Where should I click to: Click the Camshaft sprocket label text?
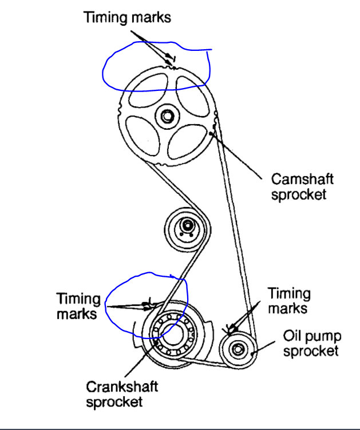(302, 186)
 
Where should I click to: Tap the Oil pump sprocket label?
(311, 343)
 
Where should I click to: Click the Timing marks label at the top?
(127, 17)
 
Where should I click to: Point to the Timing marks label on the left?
(78, 306)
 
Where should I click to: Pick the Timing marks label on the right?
(289, 301)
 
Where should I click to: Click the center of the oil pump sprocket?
(237, 348)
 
